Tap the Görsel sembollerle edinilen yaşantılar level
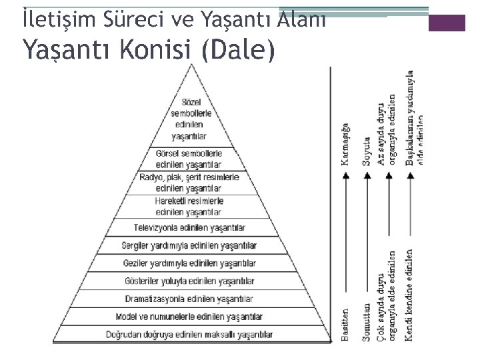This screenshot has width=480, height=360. pyautogui.click(x=189, y=159)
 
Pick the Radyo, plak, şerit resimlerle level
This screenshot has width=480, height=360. pyautogui.click(x=189, y=182)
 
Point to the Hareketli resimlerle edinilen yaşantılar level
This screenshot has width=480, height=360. pyautogui.click(x=189, y=206)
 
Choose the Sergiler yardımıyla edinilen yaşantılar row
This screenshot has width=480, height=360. pyautogui.click(x=189, y=246)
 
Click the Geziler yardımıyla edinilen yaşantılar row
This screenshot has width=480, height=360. pyautogui.click(x=189, y=263)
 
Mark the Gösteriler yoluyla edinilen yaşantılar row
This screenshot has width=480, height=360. pyautogui.click(x=189, y=281)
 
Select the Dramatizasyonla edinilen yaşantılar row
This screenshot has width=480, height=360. pyautogui.click(x=189, y=299)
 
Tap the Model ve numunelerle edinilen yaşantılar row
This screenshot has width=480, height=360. pyautogui.click(x=189, y=316)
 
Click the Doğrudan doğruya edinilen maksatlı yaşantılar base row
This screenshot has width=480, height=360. pyautogui.click(x=189, y=333)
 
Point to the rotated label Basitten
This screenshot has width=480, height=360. pyautogui.click(x=345, y=325)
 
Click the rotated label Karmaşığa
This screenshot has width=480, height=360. pyautogui.click(x=345, y=144)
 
